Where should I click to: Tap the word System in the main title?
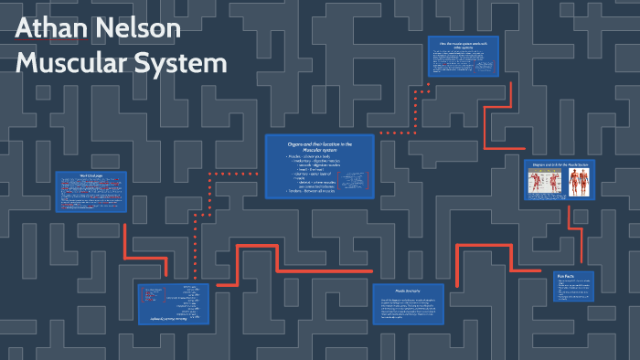coord(183,64)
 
